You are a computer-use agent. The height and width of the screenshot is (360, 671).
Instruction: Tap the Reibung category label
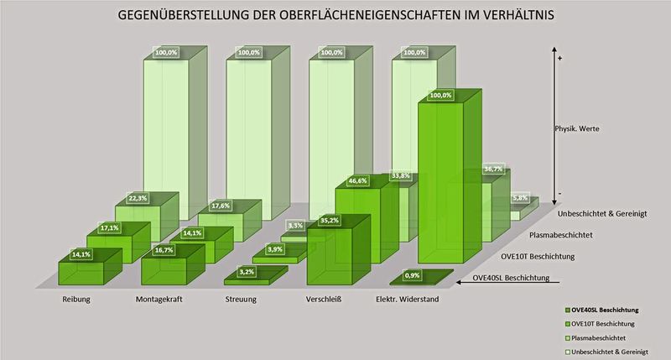[x=75, y=298]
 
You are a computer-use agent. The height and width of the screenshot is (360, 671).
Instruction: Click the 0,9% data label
[x=412, y=274]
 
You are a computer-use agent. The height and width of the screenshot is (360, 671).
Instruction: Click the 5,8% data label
[x=521, y=199]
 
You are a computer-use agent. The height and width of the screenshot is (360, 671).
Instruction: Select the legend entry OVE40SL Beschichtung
[x=616, y=309]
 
